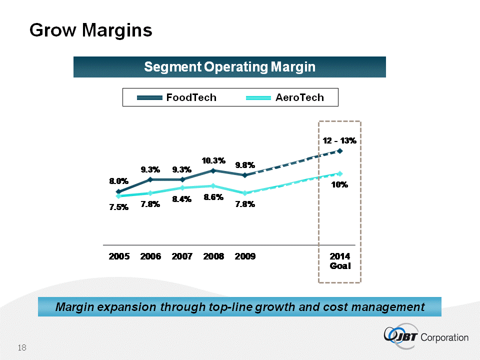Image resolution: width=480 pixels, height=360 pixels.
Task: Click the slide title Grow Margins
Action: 90,30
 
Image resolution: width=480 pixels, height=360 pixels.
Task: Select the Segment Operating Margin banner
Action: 229,67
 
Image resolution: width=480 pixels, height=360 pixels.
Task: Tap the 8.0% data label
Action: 119,181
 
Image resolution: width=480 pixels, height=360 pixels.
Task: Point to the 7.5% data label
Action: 119,208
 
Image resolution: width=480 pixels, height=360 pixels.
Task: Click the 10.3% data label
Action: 213,160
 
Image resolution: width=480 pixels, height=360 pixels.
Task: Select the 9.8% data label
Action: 245,164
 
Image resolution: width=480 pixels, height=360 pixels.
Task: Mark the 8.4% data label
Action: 182,200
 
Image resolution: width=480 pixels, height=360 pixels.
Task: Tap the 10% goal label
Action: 340,184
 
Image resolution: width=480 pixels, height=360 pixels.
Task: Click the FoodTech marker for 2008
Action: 213,170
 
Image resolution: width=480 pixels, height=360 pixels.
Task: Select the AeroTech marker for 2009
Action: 244,193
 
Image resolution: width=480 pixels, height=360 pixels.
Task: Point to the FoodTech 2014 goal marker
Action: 340,150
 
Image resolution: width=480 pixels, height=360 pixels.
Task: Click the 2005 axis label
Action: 119,256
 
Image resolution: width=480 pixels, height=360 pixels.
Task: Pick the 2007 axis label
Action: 182,256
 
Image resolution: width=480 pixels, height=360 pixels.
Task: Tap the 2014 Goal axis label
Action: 340,261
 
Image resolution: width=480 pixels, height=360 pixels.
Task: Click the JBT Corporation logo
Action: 426,336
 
